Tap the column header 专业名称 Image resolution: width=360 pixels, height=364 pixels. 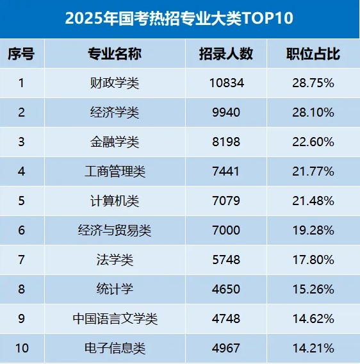pos(115,54)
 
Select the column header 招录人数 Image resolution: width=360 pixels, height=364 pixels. pos(225,54)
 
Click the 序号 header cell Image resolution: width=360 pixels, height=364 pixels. pos(21,54)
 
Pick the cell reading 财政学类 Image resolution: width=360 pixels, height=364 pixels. pos(115,83)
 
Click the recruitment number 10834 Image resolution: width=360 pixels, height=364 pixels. pos(225,83)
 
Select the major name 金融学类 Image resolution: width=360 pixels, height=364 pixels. pos(115,142)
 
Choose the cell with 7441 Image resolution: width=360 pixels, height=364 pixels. pos(225,171)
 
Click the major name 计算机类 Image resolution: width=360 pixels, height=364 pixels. pos(115,201)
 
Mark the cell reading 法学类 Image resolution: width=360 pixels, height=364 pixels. pos(115,260)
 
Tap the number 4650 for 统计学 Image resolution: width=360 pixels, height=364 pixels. pos(225,289)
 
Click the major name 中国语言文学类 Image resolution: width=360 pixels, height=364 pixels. pos(115,318)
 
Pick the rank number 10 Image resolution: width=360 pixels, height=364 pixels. pos(21,349)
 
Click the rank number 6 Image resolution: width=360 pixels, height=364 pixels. pos(21,230)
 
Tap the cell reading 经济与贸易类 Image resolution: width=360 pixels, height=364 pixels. pos(115,230)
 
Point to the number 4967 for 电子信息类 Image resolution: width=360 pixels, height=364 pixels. pos(225,349)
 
